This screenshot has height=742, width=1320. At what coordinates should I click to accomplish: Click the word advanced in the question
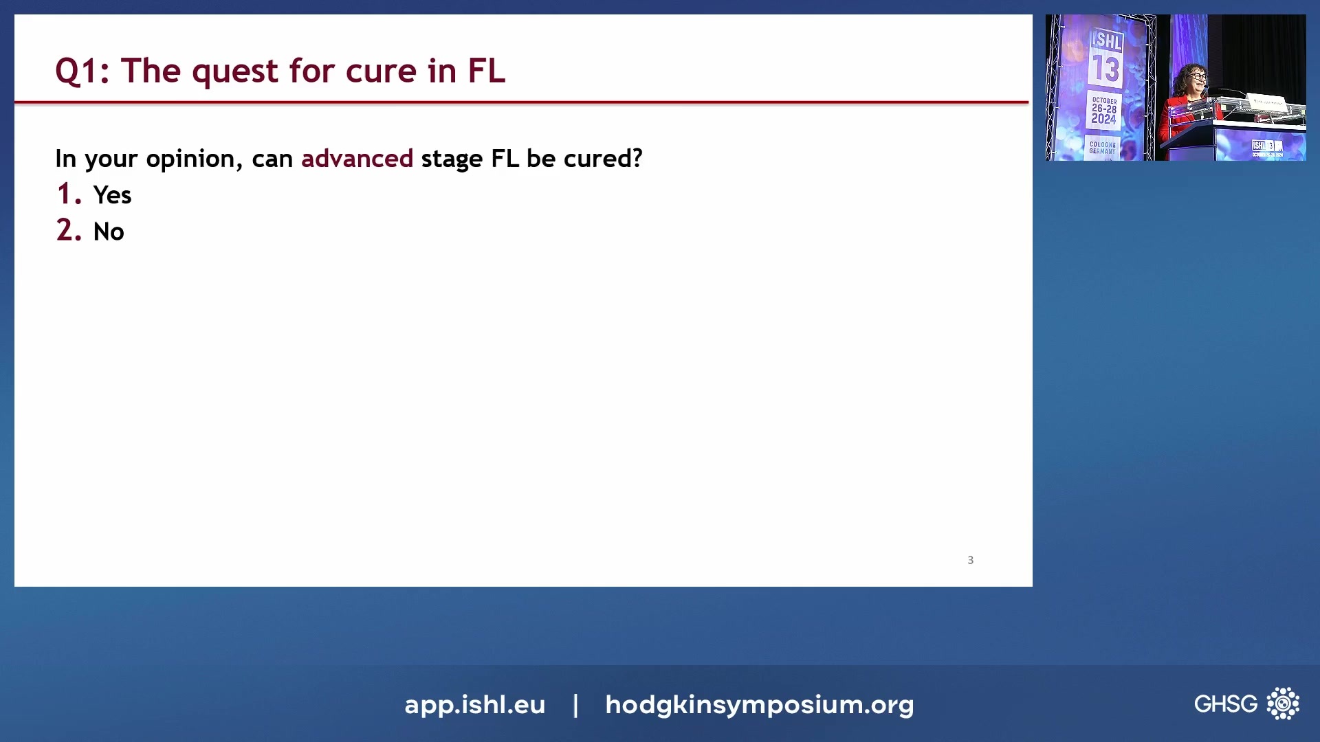[357, 159]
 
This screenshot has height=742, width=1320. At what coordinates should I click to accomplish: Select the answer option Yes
[112, 195]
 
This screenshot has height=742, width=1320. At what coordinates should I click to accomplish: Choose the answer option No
[109, 232]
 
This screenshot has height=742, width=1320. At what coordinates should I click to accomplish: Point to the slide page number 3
[970, 560]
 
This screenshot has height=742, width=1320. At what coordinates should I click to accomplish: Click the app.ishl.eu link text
[474, 704]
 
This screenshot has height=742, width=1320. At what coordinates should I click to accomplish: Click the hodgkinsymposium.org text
[759, 704]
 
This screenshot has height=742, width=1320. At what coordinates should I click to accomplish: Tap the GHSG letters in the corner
[1225, 704]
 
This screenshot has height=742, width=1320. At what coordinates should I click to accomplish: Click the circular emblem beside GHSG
[1283, 704]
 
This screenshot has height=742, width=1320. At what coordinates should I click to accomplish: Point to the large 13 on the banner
[1105, 69]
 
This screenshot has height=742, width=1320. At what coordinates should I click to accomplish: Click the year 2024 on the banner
[1103, 119]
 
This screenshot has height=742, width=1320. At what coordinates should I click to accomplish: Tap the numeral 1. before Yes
[69, 194]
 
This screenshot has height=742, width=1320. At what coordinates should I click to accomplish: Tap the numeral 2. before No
[69, 231]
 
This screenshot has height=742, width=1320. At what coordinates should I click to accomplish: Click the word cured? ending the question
[603, 159]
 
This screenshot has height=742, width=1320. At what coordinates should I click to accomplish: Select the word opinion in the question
[190, 159]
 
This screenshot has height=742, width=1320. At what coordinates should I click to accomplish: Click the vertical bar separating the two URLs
[575, 704]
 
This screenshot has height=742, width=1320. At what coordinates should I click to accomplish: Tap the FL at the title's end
[487, 71]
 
